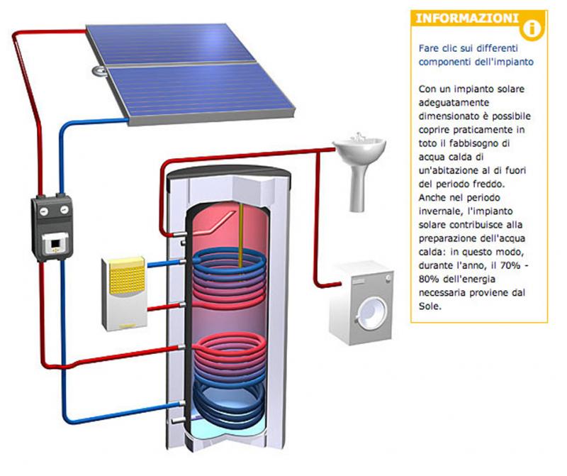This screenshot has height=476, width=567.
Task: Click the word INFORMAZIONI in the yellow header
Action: click(x=467, y=18)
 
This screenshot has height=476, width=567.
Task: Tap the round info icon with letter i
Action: click(x=532, y=28)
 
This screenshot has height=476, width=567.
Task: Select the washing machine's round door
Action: click(x=371, y=314)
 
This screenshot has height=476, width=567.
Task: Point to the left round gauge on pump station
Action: click(x=44, y=211)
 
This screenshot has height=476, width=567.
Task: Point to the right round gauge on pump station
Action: click(x=64, y=209)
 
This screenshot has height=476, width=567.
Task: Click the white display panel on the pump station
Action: click(x=55, y=243)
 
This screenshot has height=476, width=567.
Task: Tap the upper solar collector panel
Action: click(x=170, y=44)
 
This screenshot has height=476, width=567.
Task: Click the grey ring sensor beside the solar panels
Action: click(x=99, y=71)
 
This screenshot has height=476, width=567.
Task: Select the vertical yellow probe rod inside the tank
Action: click(x=241, y=236)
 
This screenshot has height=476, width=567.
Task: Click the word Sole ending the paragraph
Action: click(x=430, y=306)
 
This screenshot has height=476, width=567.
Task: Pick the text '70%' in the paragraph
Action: click(x=510, y=265)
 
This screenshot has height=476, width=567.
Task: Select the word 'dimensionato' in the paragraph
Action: click(x=449, y=116)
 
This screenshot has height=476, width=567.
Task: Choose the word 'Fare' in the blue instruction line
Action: click(x=429, y=48)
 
